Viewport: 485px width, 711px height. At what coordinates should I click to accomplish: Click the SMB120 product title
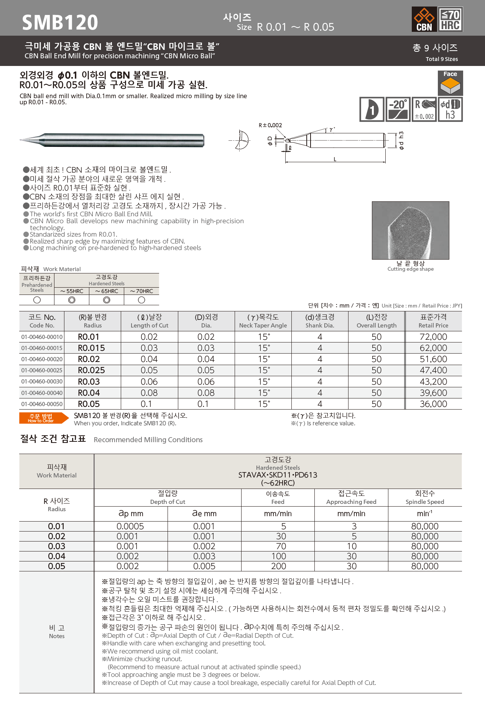(60, 22)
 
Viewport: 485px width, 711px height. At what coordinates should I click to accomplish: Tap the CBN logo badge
(424, 19)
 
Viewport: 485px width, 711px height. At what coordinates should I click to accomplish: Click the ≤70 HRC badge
(450, 19)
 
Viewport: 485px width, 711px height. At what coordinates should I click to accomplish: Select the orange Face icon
(450, 83)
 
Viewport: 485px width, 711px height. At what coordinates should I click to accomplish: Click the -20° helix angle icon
(398, 109)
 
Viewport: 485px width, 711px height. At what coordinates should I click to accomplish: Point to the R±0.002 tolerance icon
(424, 109)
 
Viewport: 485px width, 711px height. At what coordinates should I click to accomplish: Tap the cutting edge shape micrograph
(410, 230)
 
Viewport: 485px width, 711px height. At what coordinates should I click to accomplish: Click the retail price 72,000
(433, 337)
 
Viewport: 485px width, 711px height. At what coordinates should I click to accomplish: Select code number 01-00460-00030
(42, 382)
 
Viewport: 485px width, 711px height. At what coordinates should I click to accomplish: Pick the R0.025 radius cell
(91, 370)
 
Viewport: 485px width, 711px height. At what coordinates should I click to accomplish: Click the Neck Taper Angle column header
(263, 321)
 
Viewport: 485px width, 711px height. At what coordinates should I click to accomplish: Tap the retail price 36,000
(433, 404)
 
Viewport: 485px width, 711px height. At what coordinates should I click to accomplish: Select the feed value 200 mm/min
(278, 566)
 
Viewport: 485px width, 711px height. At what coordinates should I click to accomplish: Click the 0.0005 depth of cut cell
(130, 526)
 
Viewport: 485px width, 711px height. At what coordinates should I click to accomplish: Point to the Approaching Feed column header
(351, 497)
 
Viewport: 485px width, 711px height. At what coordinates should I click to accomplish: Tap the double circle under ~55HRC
(72, 300)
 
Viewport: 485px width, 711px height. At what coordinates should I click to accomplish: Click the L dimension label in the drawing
(335, 159)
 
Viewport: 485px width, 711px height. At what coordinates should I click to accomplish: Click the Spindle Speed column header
(425, 497)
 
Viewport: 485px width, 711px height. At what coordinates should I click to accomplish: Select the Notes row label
(57, 632)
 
